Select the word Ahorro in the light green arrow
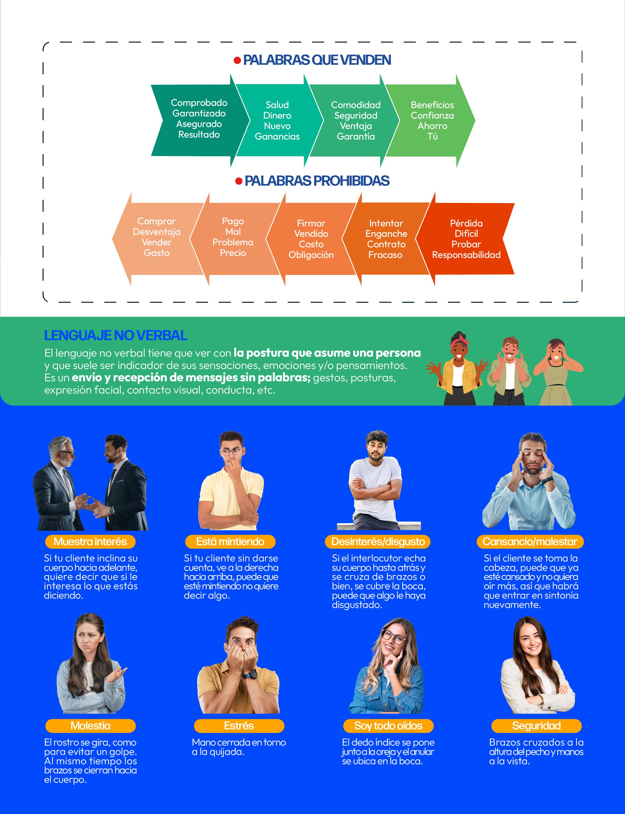[432, 126]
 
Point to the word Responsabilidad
[466, 255]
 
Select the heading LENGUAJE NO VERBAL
[115, 335]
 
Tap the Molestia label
[90, 725]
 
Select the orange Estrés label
[239, 725]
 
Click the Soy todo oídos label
[388, 725]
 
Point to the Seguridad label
[536, 725]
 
